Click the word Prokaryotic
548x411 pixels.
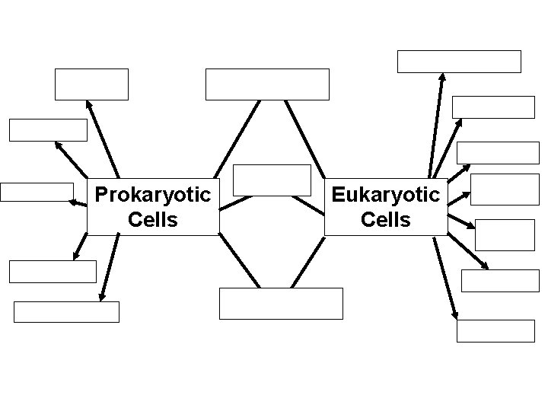coord(152,195)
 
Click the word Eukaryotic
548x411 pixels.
coord(385,195)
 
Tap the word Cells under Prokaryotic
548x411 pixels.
coord(152,220)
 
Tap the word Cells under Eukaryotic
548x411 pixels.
coord(385,220)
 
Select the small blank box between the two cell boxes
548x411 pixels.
coord(272,180)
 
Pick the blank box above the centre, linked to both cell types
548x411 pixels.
coord(267,84)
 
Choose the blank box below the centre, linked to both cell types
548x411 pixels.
coord(281,303)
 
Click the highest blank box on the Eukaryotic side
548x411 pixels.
coord(459,62)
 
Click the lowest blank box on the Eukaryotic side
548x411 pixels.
coord(495,330)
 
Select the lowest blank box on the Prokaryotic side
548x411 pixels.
coord(67,312)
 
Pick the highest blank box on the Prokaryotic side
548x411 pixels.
coord(91,84)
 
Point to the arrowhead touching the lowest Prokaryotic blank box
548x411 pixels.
coord(101,298)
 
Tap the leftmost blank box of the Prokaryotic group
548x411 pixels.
coord(37,192)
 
